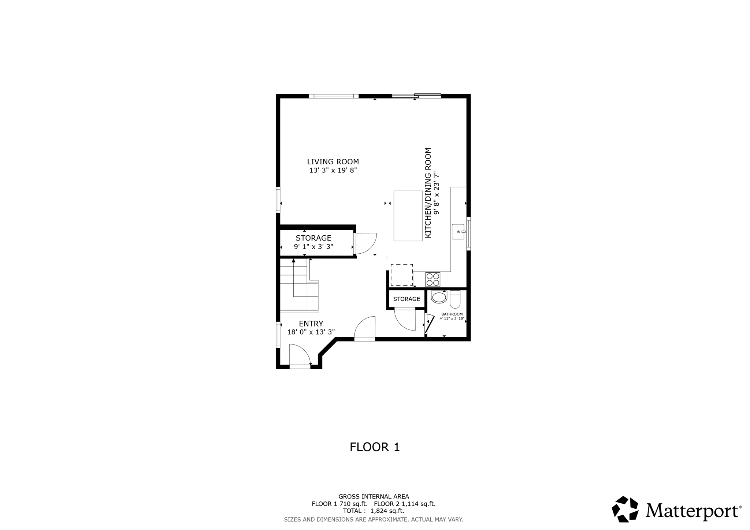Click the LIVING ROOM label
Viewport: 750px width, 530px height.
(x=333, y=162)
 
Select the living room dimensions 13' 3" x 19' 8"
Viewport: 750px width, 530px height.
(x=333, y=171)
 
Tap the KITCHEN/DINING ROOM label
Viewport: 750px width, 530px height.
(x=428, y=193)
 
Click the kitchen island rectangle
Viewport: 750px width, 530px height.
(x=408, y=216)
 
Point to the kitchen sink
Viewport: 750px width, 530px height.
(x=458, y=232)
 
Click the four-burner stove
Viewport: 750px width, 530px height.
(x=432, y=279)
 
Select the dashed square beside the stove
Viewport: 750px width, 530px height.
(x=401, y=275)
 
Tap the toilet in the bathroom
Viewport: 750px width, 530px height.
(x=454, y=299)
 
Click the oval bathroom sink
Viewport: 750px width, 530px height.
(x=439, y=297)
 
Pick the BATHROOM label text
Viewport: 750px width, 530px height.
(x=452, y=314)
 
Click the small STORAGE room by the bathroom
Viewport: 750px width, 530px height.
(x=406, y=299)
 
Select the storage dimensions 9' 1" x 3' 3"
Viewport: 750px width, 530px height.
(x=313, y=247)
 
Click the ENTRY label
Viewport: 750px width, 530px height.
(x=311, y=324)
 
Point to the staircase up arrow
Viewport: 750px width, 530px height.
(x=294, y=261)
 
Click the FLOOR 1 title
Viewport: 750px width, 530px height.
(x=375, y=447)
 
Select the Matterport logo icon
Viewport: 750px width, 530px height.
(x=625, y=509)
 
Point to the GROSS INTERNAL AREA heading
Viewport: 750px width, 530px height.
(x=374, y=497)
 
